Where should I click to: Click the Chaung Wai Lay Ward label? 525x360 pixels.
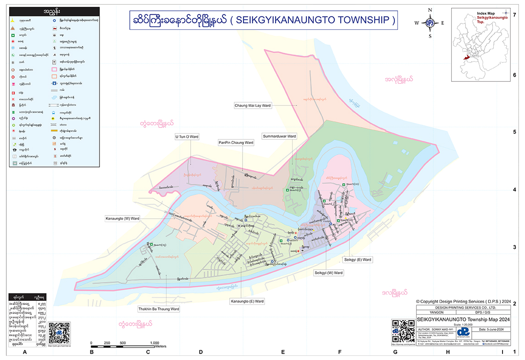click(x=253, y=105)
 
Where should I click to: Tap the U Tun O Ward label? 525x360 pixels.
click(x=186, y=137)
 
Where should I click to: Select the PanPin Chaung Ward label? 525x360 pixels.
click(x=236, y=143)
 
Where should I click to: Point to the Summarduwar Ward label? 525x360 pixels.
click(x=279, y=136)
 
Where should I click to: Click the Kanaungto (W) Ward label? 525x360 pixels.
click(x=122, y=218)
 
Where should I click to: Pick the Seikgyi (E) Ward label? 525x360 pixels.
click(x=358, y=260)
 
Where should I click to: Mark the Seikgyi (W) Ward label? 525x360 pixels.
click(x=328, y=273)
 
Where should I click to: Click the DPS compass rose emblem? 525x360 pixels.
click(x=430, y=22)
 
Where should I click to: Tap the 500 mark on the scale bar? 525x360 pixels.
click(x=123, y=343)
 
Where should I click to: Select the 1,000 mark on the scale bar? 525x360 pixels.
click(x=154, y=343)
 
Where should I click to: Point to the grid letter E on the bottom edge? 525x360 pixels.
click(x=283, y=352)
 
